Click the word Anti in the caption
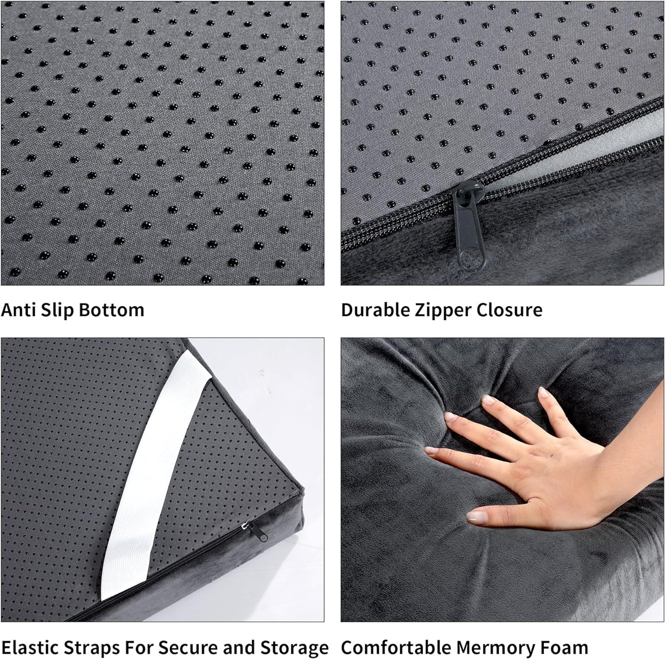tap(17, 310)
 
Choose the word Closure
tap(509, 310)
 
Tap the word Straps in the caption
tap(93, 648)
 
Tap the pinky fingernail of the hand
tap(544, 392)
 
